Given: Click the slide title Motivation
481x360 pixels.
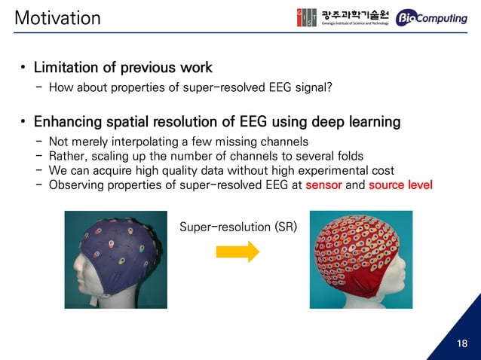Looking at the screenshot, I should pos(58,17).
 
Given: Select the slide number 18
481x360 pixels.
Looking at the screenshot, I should pos(461,343).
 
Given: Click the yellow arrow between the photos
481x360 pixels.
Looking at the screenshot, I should pos(237,252).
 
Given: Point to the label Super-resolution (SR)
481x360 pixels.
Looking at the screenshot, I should pos(237,225).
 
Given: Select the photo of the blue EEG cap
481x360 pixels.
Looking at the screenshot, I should pos(115,259).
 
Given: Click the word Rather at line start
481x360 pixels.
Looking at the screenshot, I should pos(66,156).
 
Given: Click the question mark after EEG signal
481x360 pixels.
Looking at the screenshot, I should pos(329,87).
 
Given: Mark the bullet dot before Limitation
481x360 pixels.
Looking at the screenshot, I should pos(24,70).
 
